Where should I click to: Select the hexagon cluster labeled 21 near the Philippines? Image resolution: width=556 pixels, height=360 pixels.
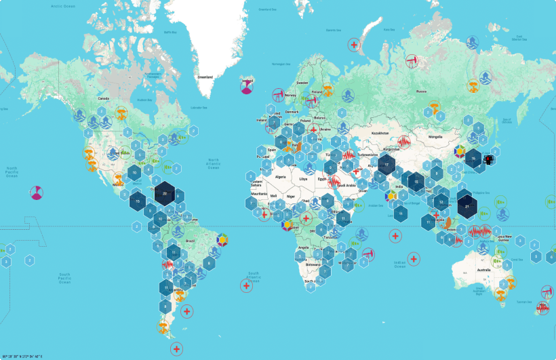click(467, 205)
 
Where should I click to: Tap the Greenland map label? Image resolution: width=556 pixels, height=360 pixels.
click(205, 77)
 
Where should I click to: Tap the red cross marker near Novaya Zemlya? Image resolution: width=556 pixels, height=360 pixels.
click(353, 45)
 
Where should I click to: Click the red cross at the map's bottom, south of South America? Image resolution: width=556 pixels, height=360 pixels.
click(176, 349)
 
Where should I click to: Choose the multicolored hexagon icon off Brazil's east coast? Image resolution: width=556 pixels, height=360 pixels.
click(221, 239)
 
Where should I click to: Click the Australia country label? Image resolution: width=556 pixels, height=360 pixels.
click(484, 271)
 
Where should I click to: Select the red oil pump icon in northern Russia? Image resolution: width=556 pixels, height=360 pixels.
click(412, 60)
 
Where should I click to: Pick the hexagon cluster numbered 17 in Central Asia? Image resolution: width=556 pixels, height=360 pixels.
click(386, 164)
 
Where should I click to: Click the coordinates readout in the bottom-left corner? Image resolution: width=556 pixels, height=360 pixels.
click(31, 356)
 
